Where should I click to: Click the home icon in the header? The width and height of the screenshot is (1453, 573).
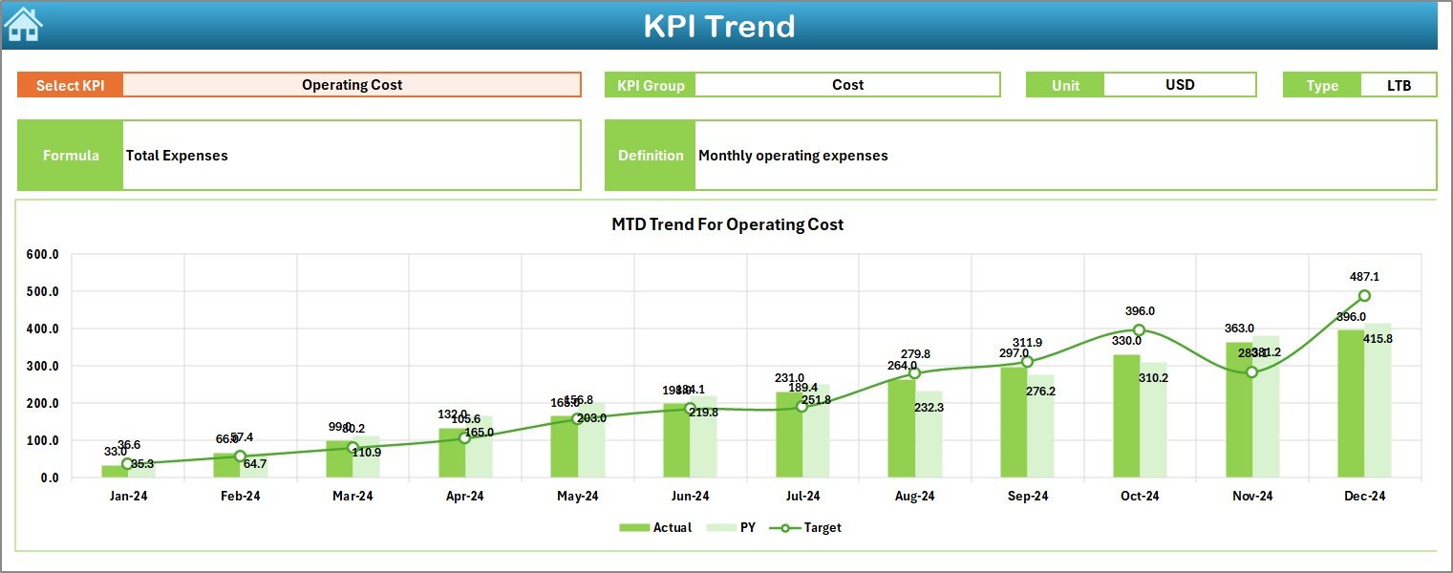click(24, 26)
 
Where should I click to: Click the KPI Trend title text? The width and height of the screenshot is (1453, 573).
click(718, 27)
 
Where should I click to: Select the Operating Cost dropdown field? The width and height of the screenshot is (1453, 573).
click(352, 85)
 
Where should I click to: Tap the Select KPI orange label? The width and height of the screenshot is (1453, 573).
click(70, 85)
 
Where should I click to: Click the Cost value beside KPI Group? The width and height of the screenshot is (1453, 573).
click(847, 85)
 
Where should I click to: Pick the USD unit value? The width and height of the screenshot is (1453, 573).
click(1179, 85)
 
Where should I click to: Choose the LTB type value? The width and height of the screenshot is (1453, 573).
click(1400, 85)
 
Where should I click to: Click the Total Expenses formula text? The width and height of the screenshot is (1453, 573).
click(177, 156)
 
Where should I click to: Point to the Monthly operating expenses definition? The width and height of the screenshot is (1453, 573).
click(793, 156)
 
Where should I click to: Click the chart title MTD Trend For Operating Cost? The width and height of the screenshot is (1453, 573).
click(727, 224)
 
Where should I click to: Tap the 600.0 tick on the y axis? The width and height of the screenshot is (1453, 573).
click(42, 255)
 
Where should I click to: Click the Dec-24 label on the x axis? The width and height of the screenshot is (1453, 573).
click(1364, 497)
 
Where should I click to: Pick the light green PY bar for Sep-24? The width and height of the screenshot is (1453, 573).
click(1040, 426)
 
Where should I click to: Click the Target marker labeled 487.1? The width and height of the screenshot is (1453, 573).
click(1364, 296)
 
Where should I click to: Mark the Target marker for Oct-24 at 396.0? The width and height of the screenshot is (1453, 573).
click(1139, 329)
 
